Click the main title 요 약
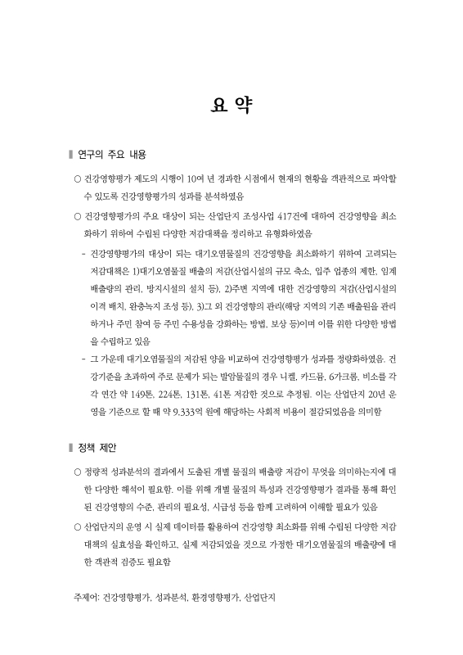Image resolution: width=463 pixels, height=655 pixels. (231, 106)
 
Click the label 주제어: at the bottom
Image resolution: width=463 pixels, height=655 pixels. (86, 599)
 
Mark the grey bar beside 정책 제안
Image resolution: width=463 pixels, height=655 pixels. (70, 449)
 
